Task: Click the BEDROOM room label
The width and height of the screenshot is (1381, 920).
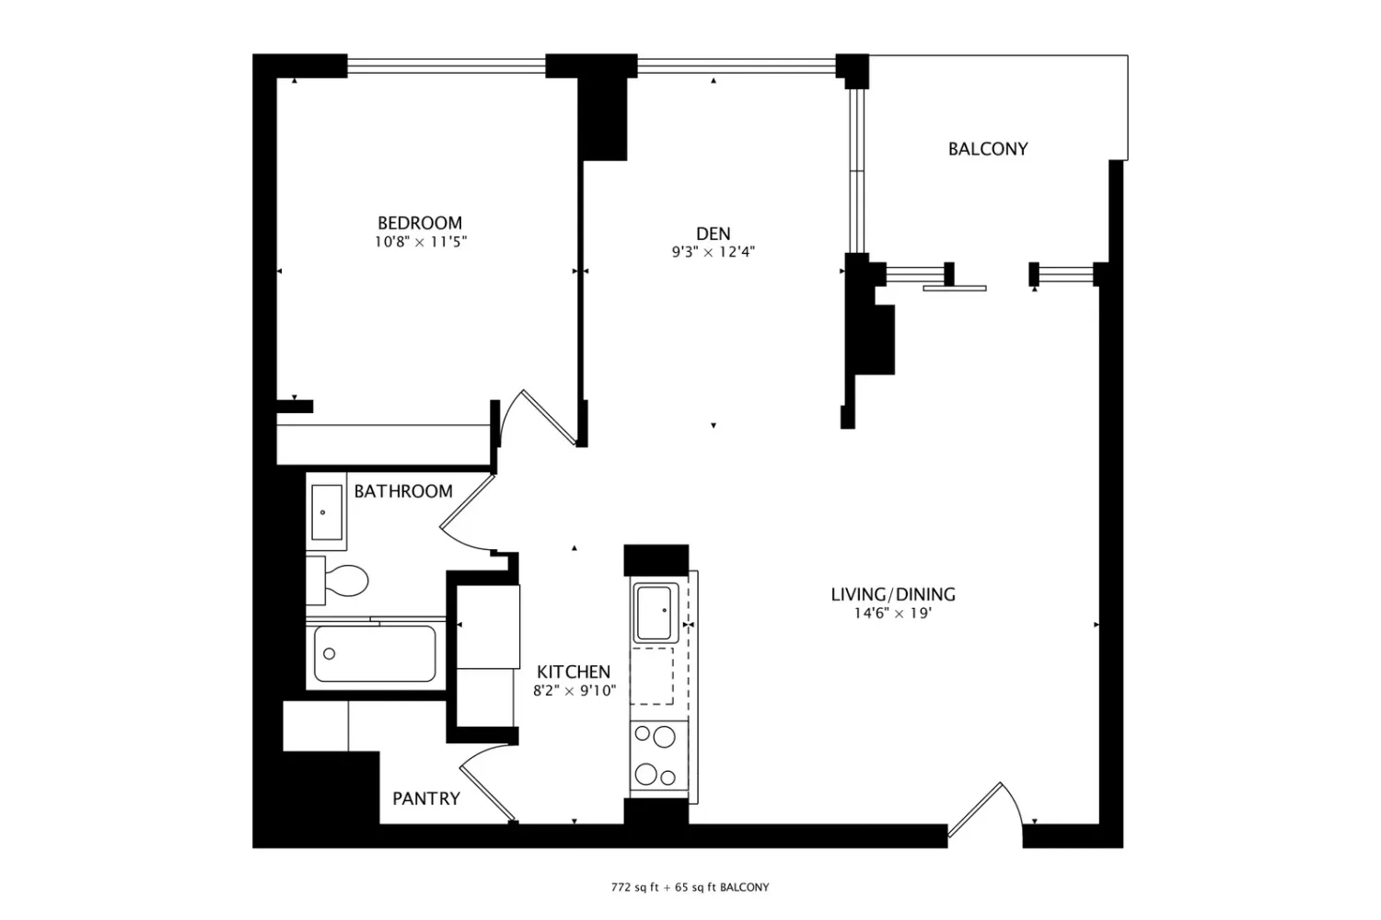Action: click(x=419, y=223)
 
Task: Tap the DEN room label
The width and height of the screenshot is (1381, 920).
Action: click(x=714, y=234)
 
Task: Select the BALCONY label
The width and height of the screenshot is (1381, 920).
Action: click(x=988, y=149)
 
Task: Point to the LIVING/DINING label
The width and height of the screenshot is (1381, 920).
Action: click(x=893, y=594)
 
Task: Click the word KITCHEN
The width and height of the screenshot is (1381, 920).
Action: click(x=574, y=672)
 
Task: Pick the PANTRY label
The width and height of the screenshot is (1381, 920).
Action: click(x=426, y=799)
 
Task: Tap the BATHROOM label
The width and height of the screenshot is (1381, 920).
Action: click(x=403, y=491)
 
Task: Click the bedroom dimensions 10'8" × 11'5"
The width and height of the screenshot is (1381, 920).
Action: click(x=421, y=242)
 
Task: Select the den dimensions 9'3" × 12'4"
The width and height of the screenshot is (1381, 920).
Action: click(x=714, y=252)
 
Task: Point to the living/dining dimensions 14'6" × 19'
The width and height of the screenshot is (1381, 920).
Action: click(x=892, y=613)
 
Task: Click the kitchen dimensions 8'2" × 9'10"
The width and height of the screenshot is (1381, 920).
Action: click(x=574, y=691)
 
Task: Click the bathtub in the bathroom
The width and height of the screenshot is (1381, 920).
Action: click(x=375, y=654)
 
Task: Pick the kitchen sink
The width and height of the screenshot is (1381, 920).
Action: click(x=654, y=613)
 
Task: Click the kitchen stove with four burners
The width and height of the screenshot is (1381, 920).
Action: click(x=658, y=755)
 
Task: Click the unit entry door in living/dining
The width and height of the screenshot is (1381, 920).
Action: click(x=984, y=810)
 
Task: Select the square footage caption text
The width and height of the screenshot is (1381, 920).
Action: click(x=690, y=888)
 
